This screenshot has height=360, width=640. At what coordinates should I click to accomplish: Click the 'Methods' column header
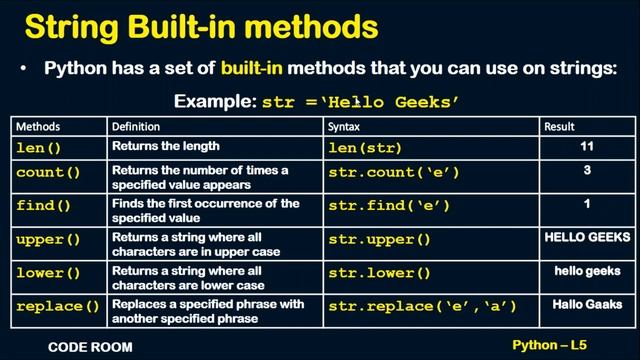coord(38,127)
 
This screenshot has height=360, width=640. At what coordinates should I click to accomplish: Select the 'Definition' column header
coord(135,127)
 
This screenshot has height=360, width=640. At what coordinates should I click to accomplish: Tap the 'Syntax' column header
coord(345,127)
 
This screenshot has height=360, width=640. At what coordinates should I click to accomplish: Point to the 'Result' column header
coord(559,127)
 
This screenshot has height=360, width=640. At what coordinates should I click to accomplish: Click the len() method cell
coord(40,148)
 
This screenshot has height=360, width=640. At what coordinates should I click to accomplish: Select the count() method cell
coord(48,173)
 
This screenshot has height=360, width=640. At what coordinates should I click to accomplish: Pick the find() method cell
coord(44,206)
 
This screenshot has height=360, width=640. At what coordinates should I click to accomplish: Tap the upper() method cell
coord(48,240)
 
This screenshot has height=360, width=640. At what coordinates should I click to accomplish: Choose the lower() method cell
coord(48,273)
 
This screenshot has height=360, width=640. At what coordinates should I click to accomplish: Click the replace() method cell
coord(58,306)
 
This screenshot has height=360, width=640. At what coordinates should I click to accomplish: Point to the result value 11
coord(587,147)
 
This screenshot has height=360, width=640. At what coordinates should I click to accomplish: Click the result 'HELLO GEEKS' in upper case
coord(587,238)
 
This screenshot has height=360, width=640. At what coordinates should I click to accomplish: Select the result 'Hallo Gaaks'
coord(587,304)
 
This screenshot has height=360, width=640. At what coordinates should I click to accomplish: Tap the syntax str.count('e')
coord(394,173)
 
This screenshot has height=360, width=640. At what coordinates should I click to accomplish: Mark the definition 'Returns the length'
coord(166,146)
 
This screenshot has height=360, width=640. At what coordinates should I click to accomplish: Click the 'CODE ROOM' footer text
coord(90,348)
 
